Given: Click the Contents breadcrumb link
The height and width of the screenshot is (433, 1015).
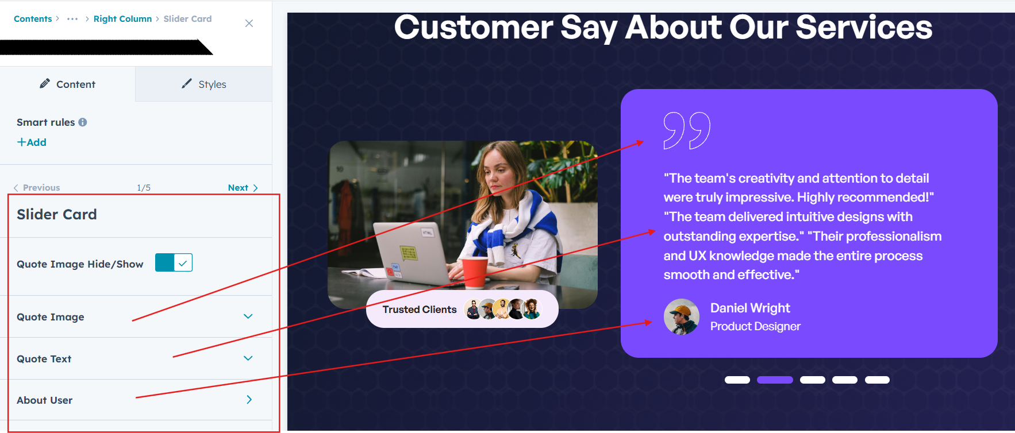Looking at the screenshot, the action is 33,19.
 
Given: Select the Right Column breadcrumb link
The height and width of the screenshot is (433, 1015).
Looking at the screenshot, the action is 122,19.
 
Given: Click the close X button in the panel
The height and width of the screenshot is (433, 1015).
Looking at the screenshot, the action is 249,23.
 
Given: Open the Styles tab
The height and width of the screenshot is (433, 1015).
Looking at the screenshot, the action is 204,84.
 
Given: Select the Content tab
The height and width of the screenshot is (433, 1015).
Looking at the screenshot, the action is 68,84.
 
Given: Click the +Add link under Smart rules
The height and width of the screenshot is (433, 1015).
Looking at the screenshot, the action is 32,142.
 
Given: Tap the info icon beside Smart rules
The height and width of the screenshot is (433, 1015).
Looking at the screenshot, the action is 83,122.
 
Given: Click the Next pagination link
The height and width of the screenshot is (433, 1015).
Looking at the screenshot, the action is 243,188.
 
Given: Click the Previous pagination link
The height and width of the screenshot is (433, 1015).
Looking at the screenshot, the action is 37,188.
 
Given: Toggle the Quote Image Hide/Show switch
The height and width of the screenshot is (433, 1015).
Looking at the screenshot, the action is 174,262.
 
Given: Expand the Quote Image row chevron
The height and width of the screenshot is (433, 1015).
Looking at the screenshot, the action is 248,316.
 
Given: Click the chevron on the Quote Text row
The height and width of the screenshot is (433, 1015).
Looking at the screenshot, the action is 248,358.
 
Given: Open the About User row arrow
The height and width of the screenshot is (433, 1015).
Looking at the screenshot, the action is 249,400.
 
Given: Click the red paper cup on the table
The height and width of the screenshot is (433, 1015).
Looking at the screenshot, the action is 475,271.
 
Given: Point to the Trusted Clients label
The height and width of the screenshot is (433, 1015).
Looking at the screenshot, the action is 420,310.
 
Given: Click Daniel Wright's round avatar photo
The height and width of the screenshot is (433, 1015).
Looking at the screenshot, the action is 682,316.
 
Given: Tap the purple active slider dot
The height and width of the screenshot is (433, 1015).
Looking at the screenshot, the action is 775,380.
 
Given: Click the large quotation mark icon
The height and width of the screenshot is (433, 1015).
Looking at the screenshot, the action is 687,130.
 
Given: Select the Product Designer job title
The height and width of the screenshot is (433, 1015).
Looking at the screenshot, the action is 755,327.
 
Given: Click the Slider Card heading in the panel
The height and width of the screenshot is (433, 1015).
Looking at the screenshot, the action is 57,214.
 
